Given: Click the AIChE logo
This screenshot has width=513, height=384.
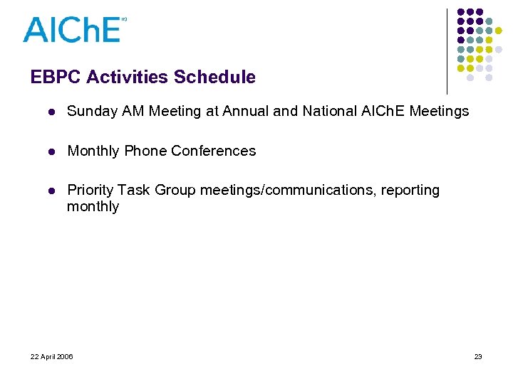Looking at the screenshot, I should pyautogui.click(x=73, y=30).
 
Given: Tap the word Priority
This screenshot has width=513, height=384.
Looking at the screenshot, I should pyautogui.click(x=90, y=190).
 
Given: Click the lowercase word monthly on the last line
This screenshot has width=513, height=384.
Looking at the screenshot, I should pyautogui.click(x=93, y=207).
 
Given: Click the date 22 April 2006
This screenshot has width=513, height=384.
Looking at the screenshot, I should pyautogui.click(x=52, y=356).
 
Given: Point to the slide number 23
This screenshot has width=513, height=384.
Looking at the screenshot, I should pyautogui.click(x=478, y=356).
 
